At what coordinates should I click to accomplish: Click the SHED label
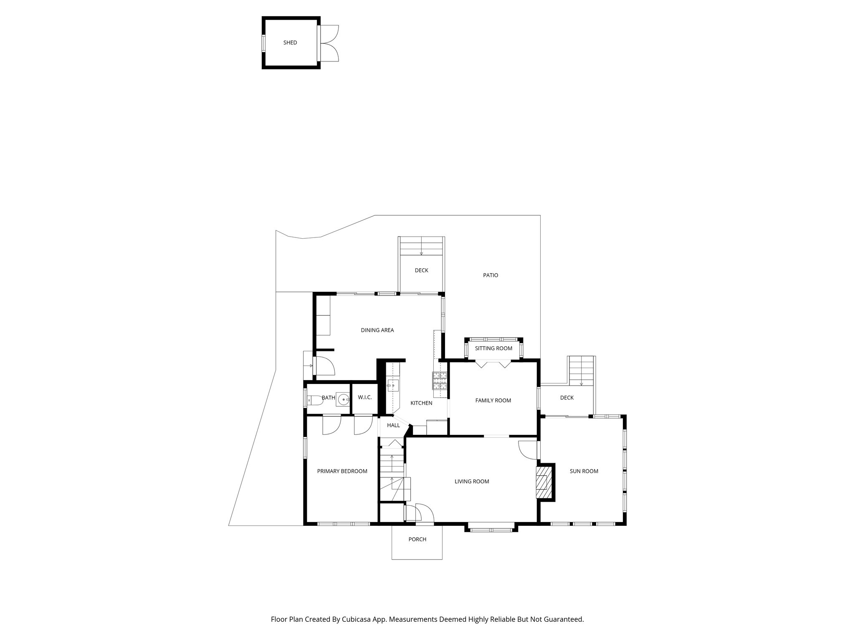click(290, 43)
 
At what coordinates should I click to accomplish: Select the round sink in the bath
click(343, 399)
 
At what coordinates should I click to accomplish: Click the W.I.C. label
click(364, 398)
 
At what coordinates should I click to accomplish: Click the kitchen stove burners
click(439, 379)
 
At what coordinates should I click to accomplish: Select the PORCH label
click(417, 540)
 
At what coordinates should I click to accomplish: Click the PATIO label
click(491, 275)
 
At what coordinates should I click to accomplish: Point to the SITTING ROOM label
click(493, 348)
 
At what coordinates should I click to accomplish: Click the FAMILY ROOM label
click(493, 401)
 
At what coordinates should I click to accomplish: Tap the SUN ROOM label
click(584, 472)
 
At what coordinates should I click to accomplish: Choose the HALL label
click(393, 426)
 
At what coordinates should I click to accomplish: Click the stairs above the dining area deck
click(421, 246)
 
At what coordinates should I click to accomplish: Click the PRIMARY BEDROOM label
click(342, 472)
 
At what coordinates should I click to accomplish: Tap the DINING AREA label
click(377, 331)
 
